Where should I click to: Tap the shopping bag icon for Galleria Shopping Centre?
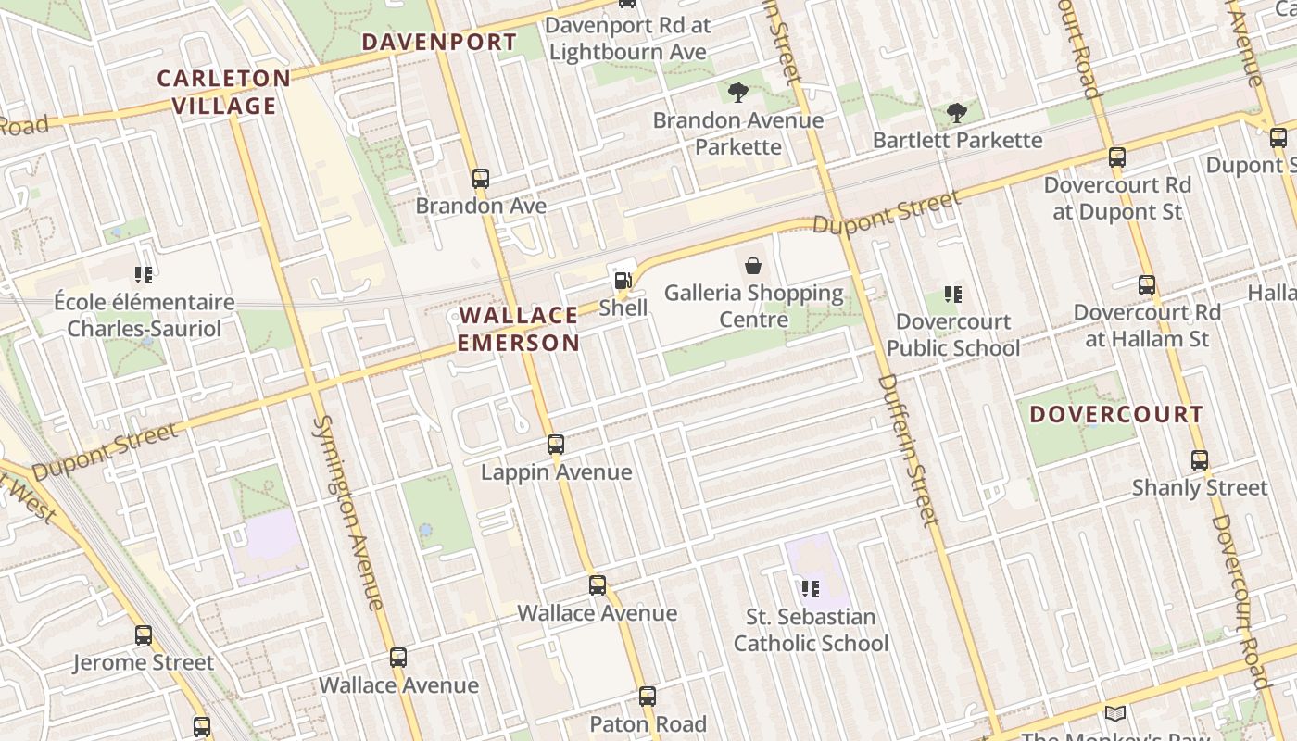753,266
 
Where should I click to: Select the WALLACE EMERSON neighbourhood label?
519,329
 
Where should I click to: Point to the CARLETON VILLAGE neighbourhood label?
223,92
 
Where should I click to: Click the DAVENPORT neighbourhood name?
439,42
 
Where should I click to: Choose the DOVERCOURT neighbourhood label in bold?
1116,414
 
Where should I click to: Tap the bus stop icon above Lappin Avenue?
556,445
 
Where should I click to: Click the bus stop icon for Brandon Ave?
480,178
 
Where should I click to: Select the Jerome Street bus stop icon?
144,635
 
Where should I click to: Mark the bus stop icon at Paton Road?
648,697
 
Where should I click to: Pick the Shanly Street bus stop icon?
1200,460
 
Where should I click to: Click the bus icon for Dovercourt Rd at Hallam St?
1147,284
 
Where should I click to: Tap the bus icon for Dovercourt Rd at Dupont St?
1117,157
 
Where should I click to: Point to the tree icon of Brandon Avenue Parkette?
738,93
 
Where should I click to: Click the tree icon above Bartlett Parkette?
957,113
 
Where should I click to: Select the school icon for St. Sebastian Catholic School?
811,588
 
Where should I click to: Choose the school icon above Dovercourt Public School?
953,295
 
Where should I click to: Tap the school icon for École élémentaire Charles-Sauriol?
144,274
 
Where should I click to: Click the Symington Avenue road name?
347,512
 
